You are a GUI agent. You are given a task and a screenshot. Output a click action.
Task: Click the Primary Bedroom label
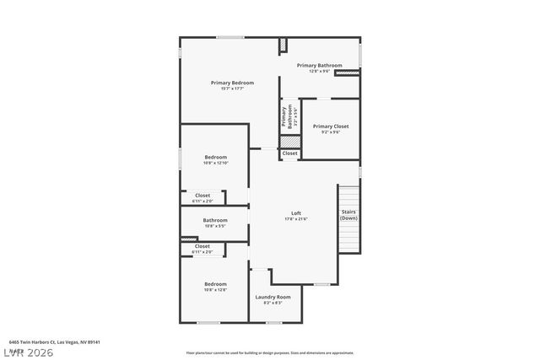232,83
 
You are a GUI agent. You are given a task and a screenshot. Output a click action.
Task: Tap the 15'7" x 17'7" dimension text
232,89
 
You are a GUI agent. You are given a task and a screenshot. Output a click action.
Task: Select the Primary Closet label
331,126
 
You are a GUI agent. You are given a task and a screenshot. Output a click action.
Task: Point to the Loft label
296,212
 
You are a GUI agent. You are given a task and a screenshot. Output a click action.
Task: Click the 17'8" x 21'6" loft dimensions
296,219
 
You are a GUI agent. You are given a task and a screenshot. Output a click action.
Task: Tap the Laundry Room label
273,297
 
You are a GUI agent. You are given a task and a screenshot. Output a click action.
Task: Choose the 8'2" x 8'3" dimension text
273,303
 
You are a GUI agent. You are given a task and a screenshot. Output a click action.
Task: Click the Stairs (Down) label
348,215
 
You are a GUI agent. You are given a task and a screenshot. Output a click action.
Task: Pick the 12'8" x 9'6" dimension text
319,71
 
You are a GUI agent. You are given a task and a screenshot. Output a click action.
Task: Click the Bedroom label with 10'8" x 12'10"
215,157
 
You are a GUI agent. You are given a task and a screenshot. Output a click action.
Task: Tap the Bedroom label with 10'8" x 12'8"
215,284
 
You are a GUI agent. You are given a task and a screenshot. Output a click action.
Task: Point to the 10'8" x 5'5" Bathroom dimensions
215,226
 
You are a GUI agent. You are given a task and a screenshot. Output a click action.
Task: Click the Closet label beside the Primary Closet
289,153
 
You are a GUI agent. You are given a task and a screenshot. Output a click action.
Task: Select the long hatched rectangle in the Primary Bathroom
347,73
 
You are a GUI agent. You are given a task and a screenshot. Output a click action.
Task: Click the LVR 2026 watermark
27,352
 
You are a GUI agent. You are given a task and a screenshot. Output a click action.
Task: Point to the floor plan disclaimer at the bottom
270,353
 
